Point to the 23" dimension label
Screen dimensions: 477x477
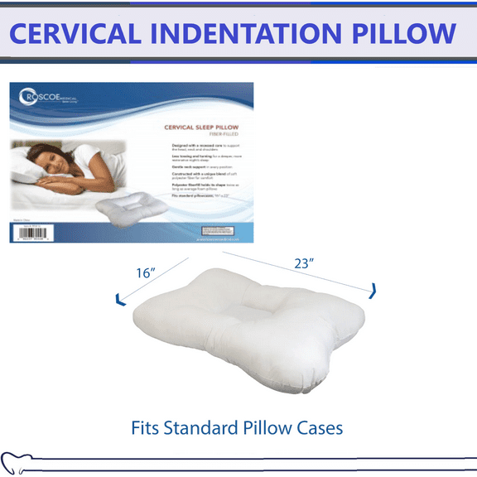pos(306,264)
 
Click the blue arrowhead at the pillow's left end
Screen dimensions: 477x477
pos(121,297)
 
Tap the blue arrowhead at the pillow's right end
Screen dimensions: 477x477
pos(373,289)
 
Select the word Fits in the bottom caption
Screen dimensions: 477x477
pos(149,428)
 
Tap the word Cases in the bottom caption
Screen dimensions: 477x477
pos(319,428)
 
